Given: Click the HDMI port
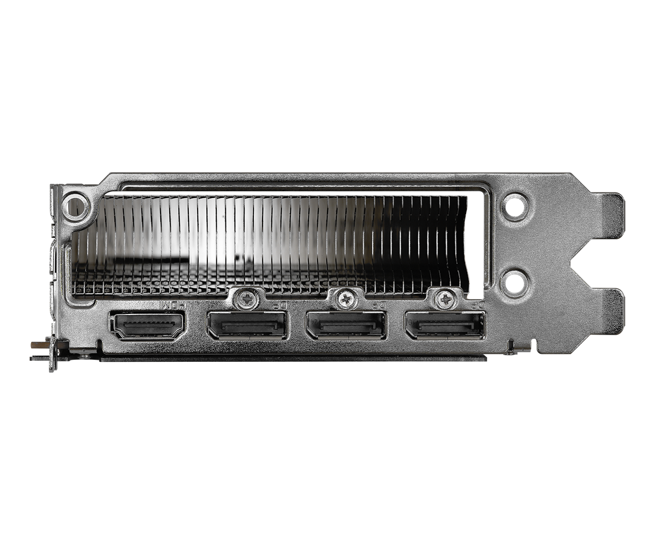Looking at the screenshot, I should (x=148, y=326).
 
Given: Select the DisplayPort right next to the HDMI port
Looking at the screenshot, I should (x=247, y=326).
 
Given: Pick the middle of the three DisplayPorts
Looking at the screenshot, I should (x=346, y=326).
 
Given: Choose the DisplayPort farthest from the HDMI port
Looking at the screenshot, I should (x=445, y=326).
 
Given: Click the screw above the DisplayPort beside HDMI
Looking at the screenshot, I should (x=248, y=298).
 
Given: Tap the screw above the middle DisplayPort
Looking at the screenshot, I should (x=346, y=298).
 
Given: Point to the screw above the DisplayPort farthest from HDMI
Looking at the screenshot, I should (x=445, y=298).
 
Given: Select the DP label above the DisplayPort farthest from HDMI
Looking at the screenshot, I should (x=477, y=306).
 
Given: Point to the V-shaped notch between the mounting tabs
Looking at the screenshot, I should (x=581, y=263).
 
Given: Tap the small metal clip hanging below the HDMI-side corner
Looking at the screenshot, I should (x=53, y=354).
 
